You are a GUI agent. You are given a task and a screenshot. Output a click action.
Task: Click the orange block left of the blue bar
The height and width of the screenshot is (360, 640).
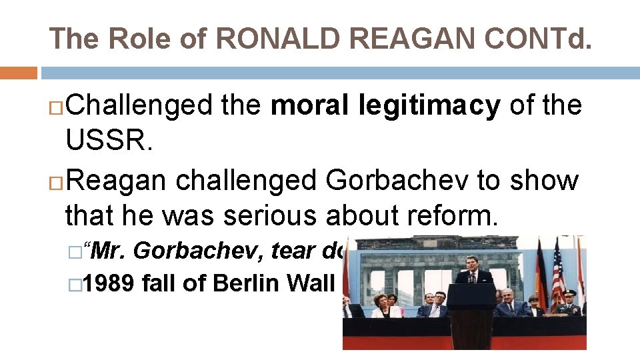[19, 73]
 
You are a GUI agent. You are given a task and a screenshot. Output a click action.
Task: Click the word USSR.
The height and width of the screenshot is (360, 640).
[106, 143]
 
